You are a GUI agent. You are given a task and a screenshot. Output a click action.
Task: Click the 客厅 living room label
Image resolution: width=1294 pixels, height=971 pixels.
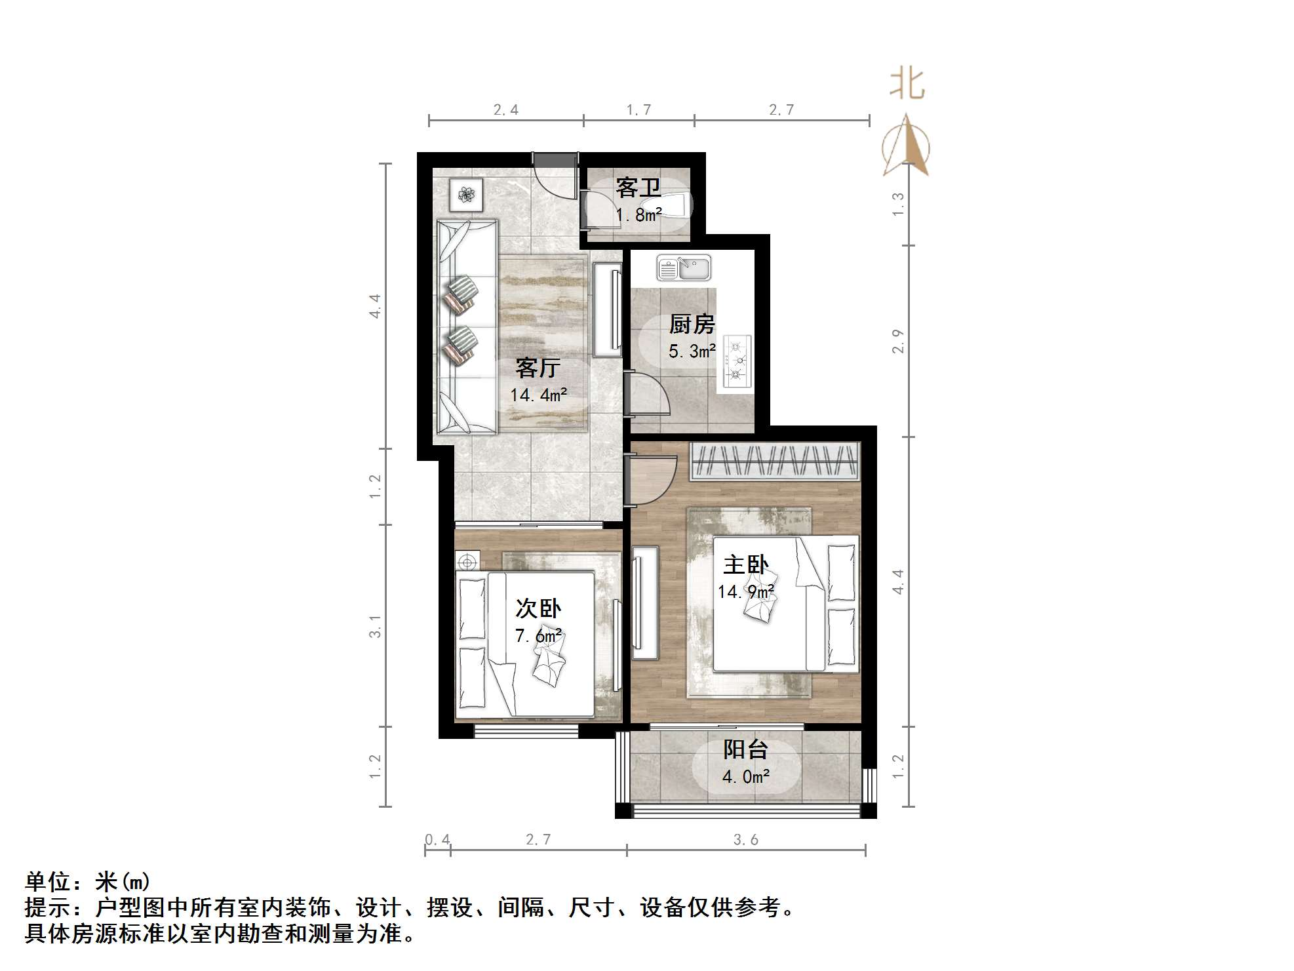point(538,368)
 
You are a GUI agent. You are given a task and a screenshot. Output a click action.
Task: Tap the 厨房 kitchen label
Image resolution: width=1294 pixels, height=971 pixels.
point(692,324)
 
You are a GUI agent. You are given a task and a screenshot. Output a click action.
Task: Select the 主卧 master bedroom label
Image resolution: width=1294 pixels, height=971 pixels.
point(745,565)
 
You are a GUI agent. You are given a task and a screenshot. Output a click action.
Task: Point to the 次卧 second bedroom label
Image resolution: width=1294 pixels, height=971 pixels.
point(538,608)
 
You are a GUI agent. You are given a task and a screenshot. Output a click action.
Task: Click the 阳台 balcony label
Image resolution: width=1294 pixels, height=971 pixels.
point(745,749)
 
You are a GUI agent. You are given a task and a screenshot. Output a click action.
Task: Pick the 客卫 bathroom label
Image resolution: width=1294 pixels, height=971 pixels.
point(638,188)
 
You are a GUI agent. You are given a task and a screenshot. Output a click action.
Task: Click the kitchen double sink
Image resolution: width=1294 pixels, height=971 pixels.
point(684,268)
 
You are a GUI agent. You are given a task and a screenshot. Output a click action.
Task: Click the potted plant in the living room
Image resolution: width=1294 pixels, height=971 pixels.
point(466,194)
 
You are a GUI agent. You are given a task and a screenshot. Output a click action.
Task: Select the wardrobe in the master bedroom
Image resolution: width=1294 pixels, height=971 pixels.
point(775,460)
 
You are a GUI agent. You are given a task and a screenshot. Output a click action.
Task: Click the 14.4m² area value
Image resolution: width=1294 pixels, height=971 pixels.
point(538,395)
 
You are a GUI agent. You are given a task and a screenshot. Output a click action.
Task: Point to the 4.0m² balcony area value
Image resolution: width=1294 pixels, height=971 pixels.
point(745,777)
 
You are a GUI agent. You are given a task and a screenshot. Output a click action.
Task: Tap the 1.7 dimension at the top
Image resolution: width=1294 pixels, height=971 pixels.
point(638,110)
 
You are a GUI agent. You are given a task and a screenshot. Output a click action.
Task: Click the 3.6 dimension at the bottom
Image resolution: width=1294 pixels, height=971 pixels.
point(746,840)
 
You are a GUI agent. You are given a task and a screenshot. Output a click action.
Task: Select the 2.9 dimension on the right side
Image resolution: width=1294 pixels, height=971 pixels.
point(898,342)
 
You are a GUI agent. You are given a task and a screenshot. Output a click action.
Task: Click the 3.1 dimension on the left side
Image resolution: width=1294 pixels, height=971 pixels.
point(375,626)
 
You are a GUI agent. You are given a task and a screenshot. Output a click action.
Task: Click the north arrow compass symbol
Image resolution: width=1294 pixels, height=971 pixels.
point(906,148)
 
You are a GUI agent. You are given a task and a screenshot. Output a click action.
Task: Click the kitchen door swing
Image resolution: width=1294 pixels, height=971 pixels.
point(648,394)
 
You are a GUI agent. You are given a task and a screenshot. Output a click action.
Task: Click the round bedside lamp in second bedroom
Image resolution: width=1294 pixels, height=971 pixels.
point(467,562)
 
